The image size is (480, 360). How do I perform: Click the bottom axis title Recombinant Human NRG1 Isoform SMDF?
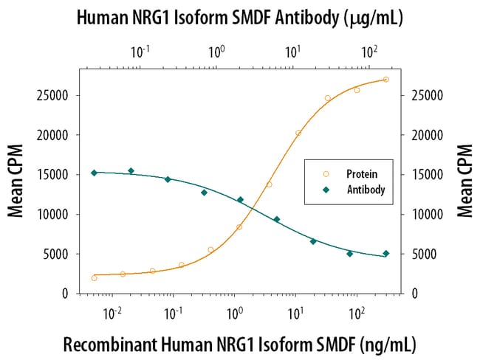pos(240,344)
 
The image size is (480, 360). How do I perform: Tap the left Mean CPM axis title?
pos(16,181)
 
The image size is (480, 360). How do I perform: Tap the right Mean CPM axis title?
pos(464,181)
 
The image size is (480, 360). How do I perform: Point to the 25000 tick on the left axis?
pos(54,96)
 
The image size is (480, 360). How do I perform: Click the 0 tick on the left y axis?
pos(66,294)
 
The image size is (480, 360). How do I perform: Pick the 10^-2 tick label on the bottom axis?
pos(112,313)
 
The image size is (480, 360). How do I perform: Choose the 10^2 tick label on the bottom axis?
pos(357,313)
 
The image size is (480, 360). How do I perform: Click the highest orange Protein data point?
pos(386,80)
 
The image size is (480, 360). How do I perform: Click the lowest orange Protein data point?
pos(94,278)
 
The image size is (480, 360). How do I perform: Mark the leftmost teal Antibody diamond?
pos(94,173)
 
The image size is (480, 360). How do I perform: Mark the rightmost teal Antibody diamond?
pos(386,254)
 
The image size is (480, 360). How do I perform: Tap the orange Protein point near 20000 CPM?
pos(298,134)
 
